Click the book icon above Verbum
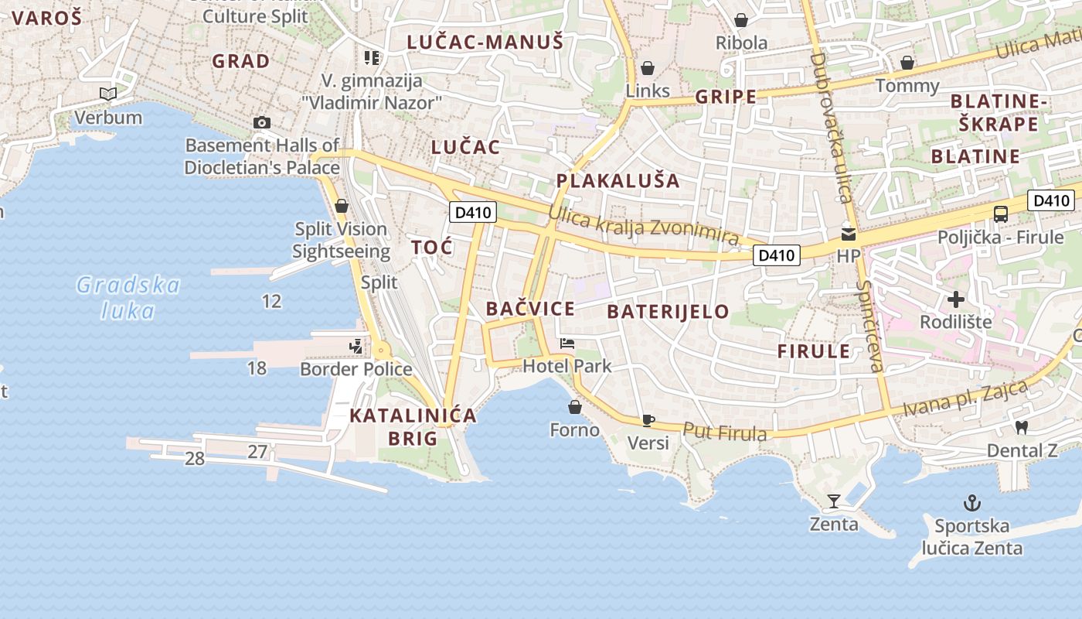108,94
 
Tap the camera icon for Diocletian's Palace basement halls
262,122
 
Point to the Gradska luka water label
128,298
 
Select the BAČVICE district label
530,309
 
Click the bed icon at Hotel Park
567,343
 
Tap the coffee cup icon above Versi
648,420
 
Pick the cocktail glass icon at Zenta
833,501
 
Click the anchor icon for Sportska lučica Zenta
971,504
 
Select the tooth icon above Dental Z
1021,426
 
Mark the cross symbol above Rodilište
956,299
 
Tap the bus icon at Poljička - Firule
1000,214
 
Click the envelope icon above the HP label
849,234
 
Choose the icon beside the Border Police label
356,347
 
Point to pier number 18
257,368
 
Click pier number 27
257,452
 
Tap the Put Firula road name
725,432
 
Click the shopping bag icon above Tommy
907,63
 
